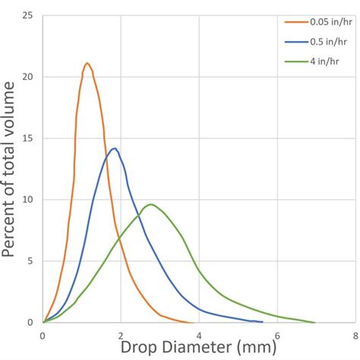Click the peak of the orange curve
87,63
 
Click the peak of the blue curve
114,148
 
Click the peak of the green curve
152,204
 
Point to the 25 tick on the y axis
29,15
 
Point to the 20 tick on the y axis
29,77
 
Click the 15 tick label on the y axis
29,138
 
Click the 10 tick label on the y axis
29,200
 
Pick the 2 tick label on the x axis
121,334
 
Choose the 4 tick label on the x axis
199,334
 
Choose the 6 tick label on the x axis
277,334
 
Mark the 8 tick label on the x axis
355,334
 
